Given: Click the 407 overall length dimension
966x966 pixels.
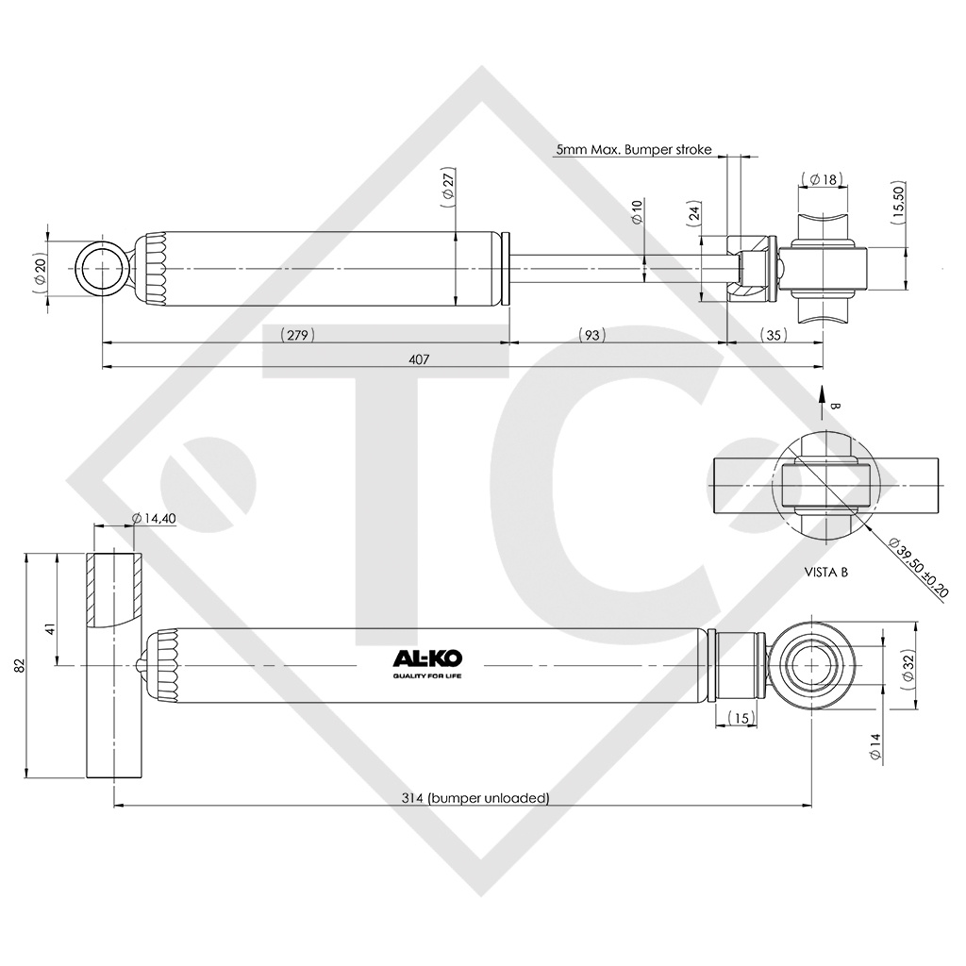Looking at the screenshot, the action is [x=419, y=359].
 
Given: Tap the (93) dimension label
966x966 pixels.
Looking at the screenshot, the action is [x=591, y=335].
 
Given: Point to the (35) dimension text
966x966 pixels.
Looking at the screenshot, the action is [x=774, y=335].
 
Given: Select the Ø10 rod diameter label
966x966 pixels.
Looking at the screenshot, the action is [x=637, y=211].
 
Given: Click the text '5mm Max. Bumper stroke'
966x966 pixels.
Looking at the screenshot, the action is [x=634, y=149].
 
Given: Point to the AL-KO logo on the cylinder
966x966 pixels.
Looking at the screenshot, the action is [x=428, y=663].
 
